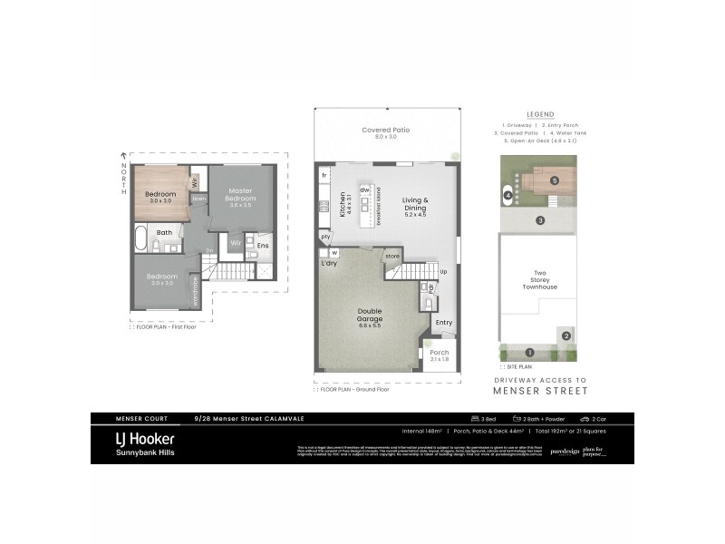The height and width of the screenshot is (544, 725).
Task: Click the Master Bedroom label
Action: pos(240,196)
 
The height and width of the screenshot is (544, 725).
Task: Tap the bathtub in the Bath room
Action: pos(140,238)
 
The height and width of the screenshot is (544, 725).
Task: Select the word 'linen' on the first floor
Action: pos(200,199)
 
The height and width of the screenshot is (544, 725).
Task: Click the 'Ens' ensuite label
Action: pos(262,246)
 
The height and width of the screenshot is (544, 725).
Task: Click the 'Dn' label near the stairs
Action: pos(208,251)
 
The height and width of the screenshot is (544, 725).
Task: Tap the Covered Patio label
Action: pos(386,131)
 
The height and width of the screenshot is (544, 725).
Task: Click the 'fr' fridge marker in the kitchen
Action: pos(324,174)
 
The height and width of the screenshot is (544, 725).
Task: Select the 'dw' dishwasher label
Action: pos(365,189)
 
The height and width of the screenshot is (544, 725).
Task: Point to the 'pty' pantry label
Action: pos(324,237)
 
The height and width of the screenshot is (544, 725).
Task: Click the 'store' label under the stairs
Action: pos(392,256)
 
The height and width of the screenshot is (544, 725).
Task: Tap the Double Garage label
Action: pos(370,315)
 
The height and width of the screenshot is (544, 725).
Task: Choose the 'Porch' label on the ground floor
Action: pos(440,353)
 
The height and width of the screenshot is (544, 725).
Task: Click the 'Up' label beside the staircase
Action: pos(443,271)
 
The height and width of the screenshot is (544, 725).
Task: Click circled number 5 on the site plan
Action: pos(554,180)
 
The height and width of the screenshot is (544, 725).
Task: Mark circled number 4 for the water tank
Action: pos(508,195)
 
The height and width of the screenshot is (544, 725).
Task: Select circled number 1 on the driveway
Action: pos(530,352)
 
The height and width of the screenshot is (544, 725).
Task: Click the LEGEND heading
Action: pos(539,113)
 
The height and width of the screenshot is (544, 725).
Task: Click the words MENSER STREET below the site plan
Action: pos(540,391)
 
